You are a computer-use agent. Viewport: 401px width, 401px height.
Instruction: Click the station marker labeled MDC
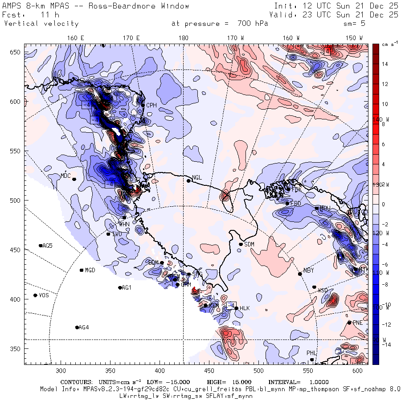coord(74,179)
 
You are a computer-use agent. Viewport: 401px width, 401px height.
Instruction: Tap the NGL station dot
coord(188,180)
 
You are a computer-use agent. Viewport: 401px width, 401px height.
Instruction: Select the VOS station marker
coord(36,295)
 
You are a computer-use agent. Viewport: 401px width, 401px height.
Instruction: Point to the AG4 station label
coord(84,327)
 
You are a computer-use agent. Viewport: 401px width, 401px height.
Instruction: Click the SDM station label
coord(249,244)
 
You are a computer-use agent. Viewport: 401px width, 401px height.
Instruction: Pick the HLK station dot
coord(236,308)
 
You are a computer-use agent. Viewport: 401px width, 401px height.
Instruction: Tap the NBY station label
coord(308,270)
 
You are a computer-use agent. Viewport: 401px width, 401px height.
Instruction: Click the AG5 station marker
coord(41,246)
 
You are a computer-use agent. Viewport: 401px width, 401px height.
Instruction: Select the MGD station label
coord(90,270)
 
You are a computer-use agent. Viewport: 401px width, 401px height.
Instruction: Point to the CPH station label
coord(151,105)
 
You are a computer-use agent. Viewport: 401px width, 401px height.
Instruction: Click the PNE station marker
coord(349,323)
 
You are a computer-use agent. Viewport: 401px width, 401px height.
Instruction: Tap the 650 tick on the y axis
coord(16,53)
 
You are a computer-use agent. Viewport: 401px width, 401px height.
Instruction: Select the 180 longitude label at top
coord(183,38)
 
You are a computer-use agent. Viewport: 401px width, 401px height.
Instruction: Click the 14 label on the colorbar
coord(385,64)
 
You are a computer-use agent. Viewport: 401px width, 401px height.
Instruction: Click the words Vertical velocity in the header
coord(41,24)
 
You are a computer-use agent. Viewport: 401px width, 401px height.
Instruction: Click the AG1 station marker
coord(120,288)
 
